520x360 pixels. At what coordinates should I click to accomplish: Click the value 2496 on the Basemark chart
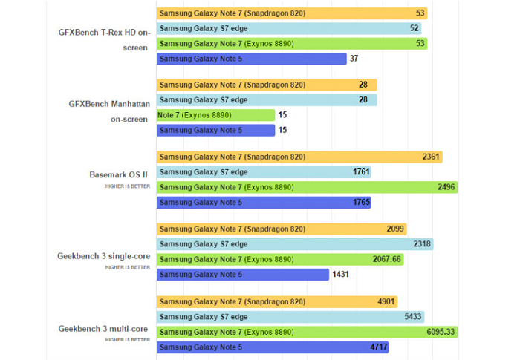(x=446, y=187)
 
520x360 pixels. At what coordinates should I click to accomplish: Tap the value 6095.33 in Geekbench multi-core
(x=441, y=331)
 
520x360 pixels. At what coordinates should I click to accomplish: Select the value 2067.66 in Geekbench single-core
(x=386, y=259)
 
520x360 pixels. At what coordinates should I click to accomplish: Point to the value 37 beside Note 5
(x=354, y=59)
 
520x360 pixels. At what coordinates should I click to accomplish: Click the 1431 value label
(x=342, y=274)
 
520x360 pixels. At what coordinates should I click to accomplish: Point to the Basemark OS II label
(x=119, y=175)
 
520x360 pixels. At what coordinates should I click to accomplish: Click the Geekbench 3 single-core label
(x=103, y=256)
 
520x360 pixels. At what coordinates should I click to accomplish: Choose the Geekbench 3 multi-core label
(x=103, y=328)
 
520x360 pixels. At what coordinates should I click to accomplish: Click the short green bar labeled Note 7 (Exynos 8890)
(x=215, y=115)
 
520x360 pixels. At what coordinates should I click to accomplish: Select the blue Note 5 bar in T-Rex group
(x=251, y=59)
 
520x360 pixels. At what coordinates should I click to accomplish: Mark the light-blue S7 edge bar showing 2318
(x=294, y=244)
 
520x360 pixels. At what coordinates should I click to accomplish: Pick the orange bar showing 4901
(x=276, y=301)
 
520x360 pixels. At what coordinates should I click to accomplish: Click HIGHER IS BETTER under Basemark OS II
(x=127, y=186)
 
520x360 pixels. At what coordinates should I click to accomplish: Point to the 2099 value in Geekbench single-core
(x=395, y=229)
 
